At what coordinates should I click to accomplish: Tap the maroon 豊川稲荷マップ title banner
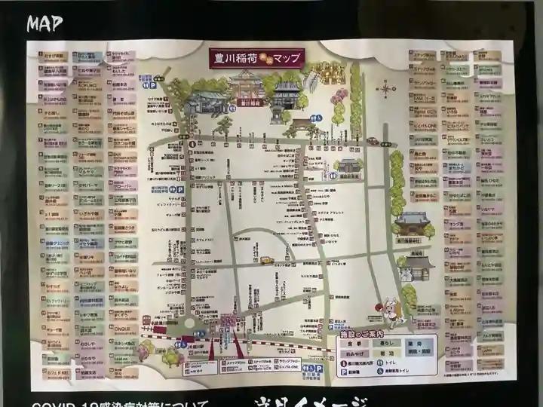tap(256, 58)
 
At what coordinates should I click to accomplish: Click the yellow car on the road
tap(266, 260)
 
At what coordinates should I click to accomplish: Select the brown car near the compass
tap(373, 141)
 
